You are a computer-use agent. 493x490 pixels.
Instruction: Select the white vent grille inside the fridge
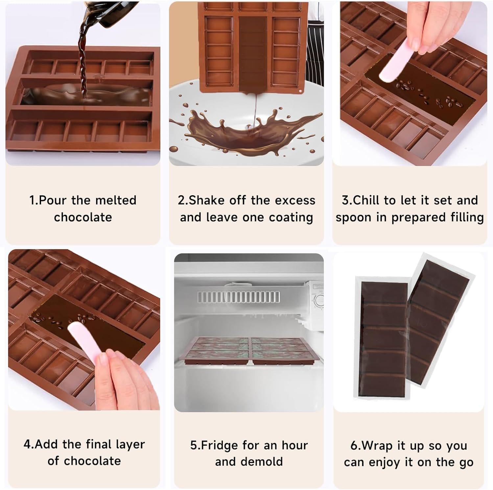tap(239, 297)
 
